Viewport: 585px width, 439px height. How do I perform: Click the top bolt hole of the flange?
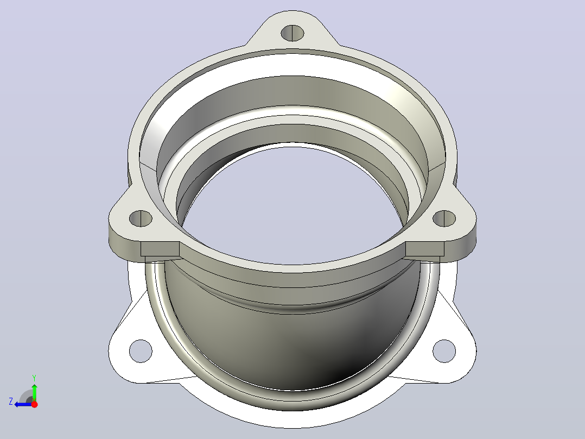coord(292,33)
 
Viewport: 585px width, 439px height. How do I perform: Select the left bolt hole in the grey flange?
coord(141,218)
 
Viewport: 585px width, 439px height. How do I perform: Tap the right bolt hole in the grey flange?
coord(444,218)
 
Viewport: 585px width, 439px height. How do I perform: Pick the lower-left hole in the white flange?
coord(141,351)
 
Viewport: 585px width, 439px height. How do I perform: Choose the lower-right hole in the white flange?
coord(444,351)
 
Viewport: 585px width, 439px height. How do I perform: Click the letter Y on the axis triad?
coord(34,378)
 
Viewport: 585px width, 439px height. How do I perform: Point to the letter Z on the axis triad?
coord(11,402)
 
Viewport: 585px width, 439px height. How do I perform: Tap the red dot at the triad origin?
coord(34,404)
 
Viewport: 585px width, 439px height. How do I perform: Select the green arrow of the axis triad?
coord(34,392)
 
